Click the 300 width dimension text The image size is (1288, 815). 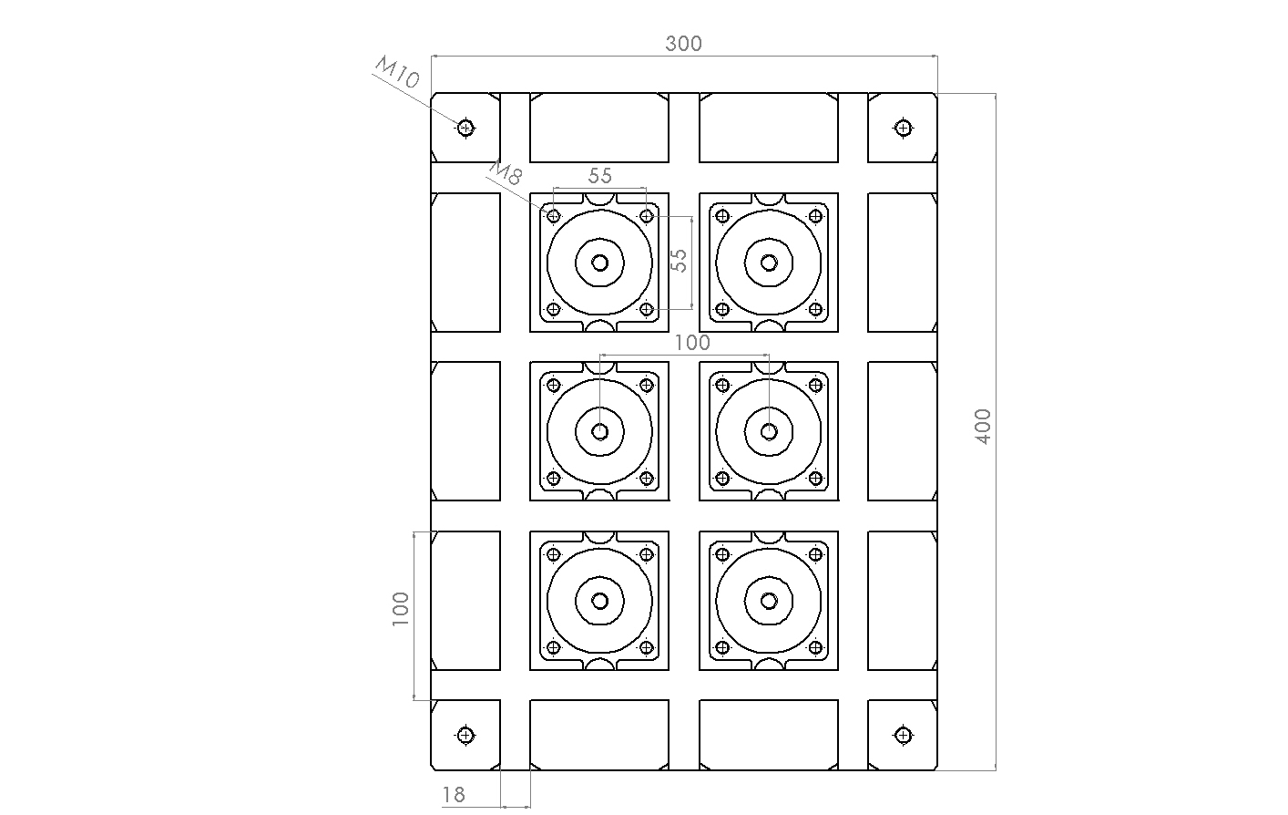(x=683, y=44)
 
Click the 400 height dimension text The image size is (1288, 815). (x=983, y=427)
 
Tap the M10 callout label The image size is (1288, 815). (x=397, y=72)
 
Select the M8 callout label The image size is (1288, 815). (x=506, y=172)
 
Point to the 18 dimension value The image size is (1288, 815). (x=453, y=795)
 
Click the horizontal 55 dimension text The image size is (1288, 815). (x=599, y=176)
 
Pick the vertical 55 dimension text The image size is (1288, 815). (x=680, y=261)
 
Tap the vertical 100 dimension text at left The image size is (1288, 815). (x=400, y=609)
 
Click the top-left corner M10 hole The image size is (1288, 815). (x=465, y=128)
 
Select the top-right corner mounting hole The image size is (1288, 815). (x=904, y=128)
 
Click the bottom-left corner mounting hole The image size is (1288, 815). (x=465, y=735)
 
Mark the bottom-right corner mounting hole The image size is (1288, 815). (x=904, y=735)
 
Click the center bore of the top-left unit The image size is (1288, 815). (x=599, y=263)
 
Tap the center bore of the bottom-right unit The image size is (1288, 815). (x=769, y=602)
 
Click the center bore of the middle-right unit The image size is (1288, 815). (x=769, y=432)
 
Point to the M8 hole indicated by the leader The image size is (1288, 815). (x=553, y=216)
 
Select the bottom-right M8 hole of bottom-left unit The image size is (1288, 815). (x=647, y=648)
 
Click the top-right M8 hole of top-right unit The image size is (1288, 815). (x=815, y=216)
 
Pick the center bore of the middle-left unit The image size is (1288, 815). (x=599, y=432)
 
